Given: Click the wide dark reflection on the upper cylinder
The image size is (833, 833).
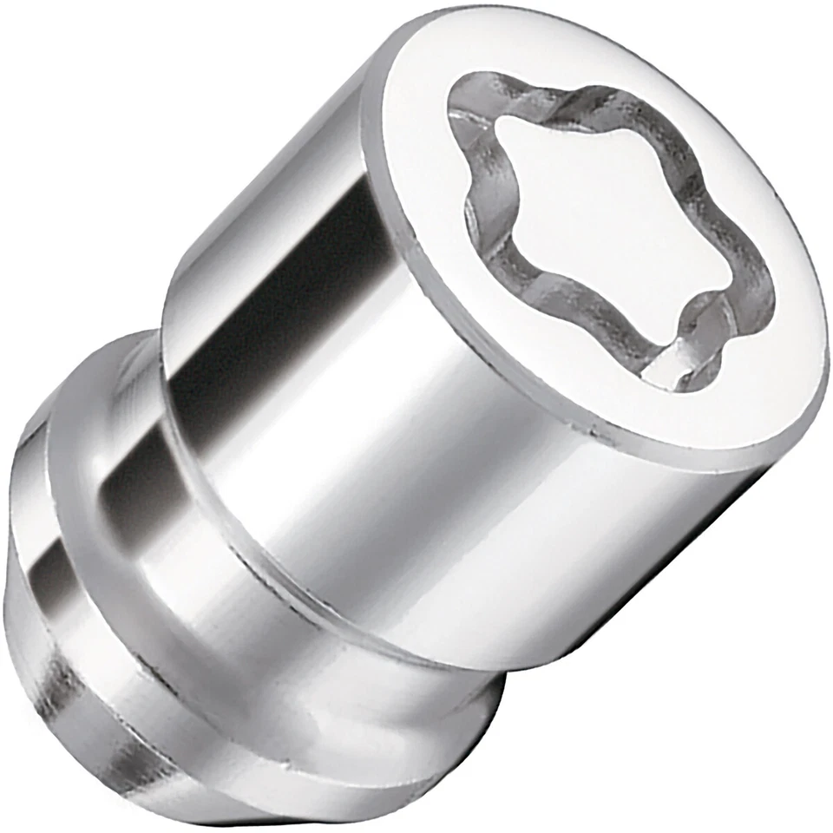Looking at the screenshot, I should tap(286, 286).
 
